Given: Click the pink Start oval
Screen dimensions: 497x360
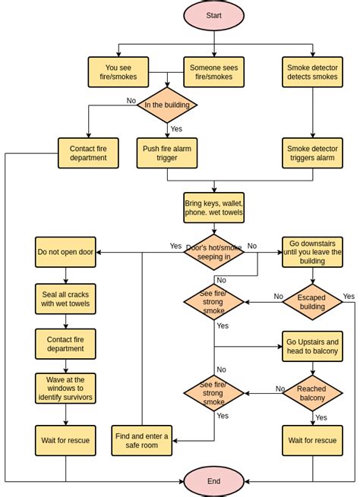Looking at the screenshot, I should pyautogui.click(x=213, y=15).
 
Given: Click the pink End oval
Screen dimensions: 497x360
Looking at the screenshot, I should pyautogui.click(x=213, y=481).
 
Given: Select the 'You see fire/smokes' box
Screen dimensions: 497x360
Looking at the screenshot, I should pyautogui.click(x=118, y=72).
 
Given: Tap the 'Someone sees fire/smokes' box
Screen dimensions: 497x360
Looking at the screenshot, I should pyautogui.click(x=213, y=72).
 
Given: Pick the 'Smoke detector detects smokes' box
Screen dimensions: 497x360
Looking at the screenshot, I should pyautogui.click(x=312, y=72).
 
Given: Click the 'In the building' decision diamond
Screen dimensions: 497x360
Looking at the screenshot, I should pyautogui.click(x=167, y=105).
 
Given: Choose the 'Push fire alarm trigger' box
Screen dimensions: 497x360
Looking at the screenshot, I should pyautogui.click(x=167, y=153).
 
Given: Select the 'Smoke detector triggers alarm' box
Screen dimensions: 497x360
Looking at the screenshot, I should pyautogui.click(x=312, y=153).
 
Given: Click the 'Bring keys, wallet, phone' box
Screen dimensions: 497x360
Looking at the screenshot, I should pyautogui.click(x=213, y=207).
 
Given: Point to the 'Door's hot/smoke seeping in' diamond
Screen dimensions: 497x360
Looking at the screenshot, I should pyautogui.click(x=213, y=252).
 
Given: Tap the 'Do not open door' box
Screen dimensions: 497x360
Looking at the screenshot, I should pyautogui.click(x=65, y=252).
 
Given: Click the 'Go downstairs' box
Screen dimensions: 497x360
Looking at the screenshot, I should pyautogui.click(x=312, y=252).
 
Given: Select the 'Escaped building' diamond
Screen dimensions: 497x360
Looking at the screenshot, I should pyautogui.click(x=312, y=302).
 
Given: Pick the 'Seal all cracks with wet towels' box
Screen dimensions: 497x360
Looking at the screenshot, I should pyautogui.click(x=65, y=299).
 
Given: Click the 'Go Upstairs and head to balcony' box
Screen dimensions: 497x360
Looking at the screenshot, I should pyautogui.click(x=312, y=346).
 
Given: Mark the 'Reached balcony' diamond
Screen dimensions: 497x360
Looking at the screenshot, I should pyautogui.click(x=311, y=393).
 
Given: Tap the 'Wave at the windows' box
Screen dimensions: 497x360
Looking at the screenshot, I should pyautogui.click(x=65, y=388).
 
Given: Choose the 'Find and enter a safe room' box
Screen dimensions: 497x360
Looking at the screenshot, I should pyautogui.click(x=142, y=440).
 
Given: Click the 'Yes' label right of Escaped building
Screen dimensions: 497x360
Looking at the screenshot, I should pyautogui.click(x=349, y=296).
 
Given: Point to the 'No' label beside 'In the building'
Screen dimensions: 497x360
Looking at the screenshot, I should pyautogui.click(x=131, y=100).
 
